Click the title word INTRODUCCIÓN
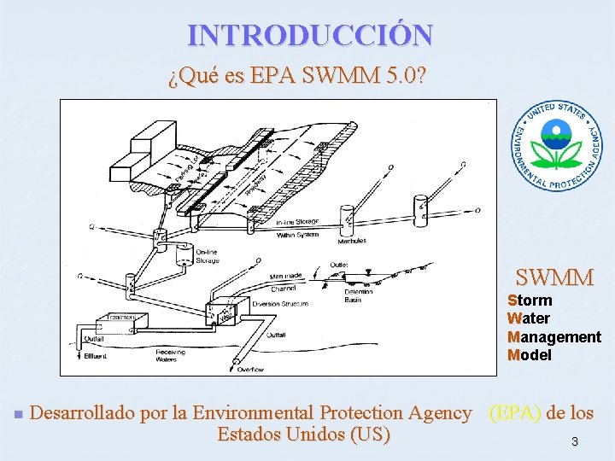pos(310,35)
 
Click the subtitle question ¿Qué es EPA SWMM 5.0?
pos(297,78)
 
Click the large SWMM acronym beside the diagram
pos(554,277)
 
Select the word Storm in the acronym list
pos(530,301)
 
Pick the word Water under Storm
pos(529,318)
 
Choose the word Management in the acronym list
pos(553,336)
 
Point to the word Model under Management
pos(530,354)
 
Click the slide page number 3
pos(575,441)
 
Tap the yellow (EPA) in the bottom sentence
pos(514,413)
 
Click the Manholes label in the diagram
pos(351,242)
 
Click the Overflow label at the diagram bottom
pos(250,369)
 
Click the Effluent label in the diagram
pos(95,354)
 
